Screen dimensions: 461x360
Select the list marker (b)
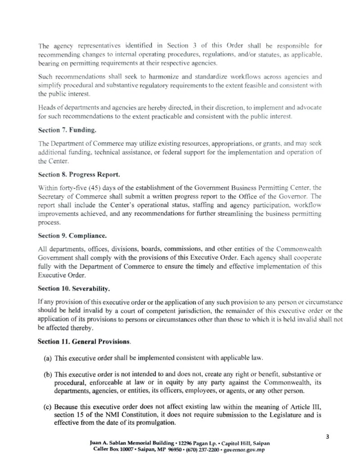pyautogui.click(x=47, y=375)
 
